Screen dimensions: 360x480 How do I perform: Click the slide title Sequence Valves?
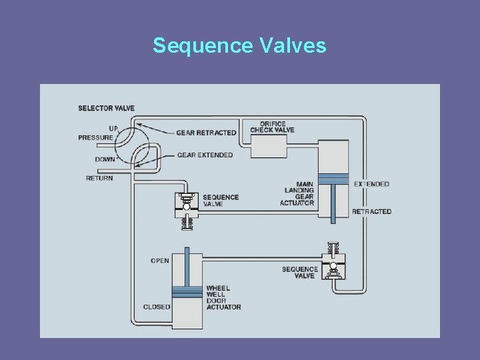click(x=239, y=45)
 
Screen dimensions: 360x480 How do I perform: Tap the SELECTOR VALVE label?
click(x=106, y=108)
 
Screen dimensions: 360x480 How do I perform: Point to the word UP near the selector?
click(x=113, y=128)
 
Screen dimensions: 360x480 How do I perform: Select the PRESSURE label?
click(x=95, y=137)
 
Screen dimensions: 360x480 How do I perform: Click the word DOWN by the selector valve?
click(x=105, y=159)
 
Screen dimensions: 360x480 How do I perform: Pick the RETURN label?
click(x=99, y=178)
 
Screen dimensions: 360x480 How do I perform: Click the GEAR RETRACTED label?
click(x=206, y=133)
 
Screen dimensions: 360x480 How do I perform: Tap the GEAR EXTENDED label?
click(x=205, y=155)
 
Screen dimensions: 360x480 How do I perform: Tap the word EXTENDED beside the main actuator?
click(x=371, y=184)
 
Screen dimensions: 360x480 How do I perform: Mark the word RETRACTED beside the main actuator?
click(x=372, y=211)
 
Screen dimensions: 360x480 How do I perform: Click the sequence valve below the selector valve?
click(x=186, y=208)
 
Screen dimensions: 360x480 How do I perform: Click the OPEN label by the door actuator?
click(x=160, y=261)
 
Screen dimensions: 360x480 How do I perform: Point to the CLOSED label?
click(x=157, y=307)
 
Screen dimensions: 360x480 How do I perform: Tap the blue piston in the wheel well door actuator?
click(x=187, y=292)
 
